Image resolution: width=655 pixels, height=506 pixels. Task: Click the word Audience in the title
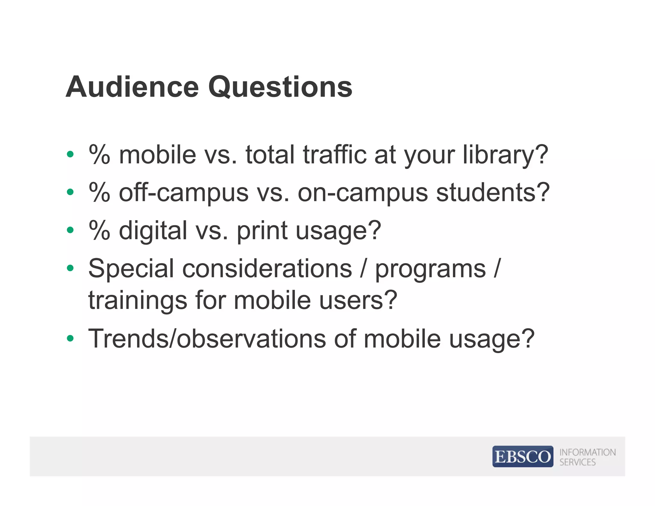click(x=132, y=87)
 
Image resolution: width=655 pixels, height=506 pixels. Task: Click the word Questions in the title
click(x=280, y=88)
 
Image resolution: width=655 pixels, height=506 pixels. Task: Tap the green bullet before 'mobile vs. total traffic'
click(x=70, y=154)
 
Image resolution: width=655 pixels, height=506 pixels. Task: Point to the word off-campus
click(x=184, y=193)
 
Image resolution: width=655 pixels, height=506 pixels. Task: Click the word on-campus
click(x=363, y=193)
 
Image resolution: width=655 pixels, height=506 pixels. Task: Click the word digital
click(x=153, y=231)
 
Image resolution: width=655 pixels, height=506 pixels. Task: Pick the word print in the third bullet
click(x=262, y=231)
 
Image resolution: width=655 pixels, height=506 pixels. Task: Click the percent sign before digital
click(x=99, y=230)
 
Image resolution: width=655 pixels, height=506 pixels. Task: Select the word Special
click(x=131, y=269)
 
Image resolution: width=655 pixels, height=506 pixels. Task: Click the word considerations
click(x=267, y=269)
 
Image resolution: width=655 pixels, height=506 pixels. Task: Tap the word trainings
click(x=138, y=301)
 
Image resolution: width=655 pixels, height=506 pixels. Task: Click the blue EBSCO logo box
click(x=523, y=456)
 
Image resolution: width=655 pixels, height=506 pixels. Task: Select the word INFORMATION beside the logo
click(x=587, y=452)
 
